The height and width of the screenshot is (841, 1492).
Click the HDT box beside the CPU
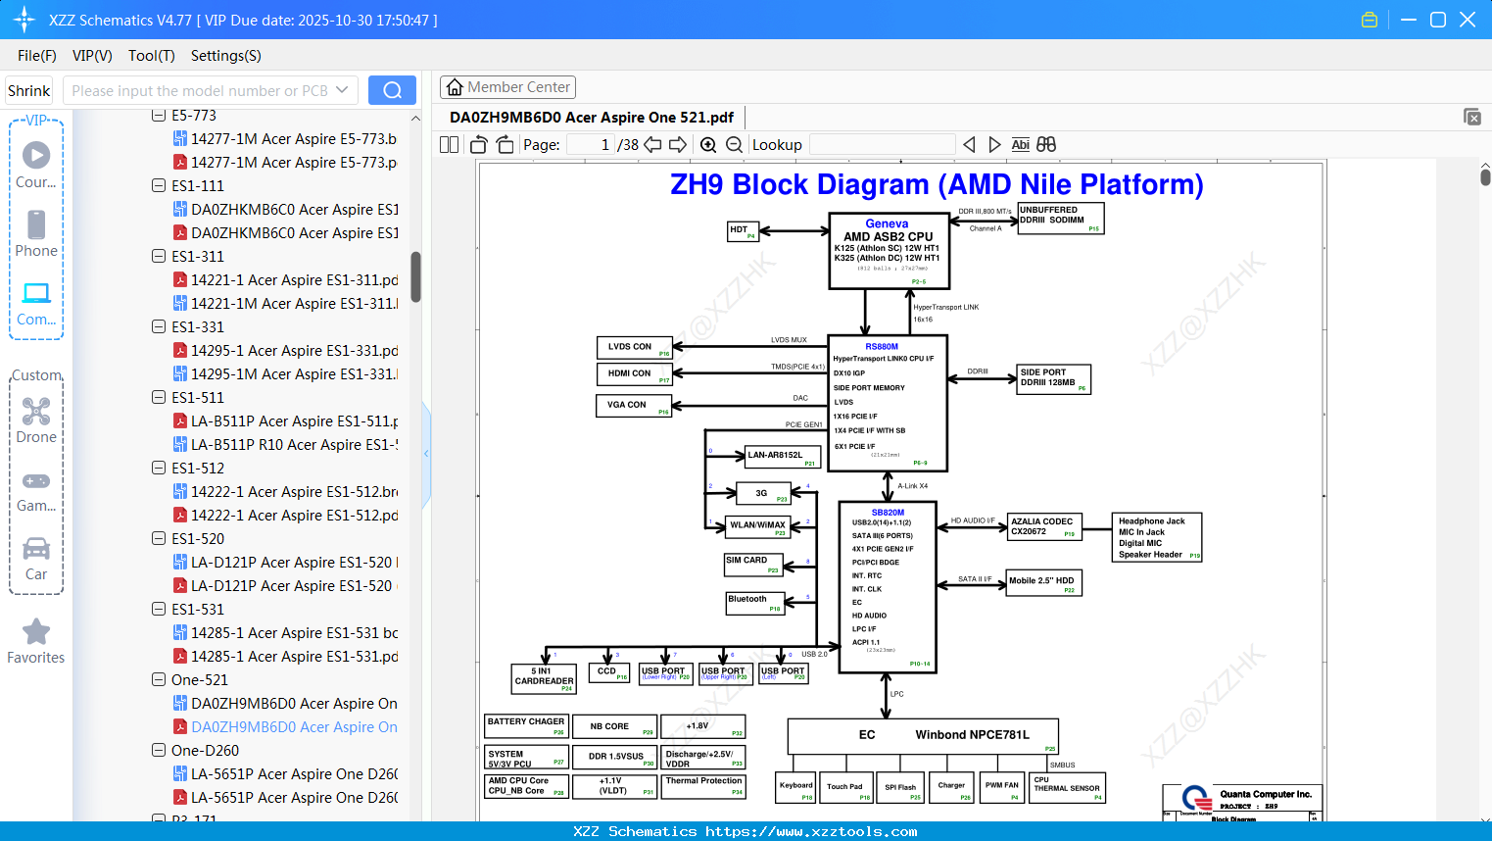pyautogui.click(x=743, y=231)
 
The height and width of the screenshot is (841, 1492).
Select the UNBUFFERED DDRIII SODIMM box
pyautogui.click(x=1060, y=218)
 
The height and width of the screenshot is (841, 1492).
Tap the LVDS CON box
pyautogui.click(x=634, y=347)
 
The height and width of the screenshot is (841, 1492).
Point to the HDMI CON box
pyautogui.click(x=634, y=373)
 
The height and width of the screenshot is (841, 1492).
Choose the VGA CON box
pyautogui.click(x=634, y=405)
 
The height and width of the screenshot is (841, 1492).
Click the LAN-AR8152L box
pyautogui.click(x=782, y=456)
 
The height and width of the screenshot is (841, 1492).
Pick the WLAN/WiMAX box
pyautogui.click(x=757, y=526)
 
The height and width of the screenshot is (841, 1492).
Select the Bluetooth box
pyautogui.click(x=754, y=602)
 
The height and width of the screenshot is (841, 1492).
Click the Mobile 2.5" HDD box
pyautogui.click(x=1043, y=582)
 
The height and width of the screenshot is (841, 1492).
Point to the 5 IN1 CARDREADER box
pyautogui.click(x=544, y=677)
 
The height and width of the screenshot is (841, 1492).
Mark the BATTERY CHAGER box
pyautogui.click(x=526, y=726)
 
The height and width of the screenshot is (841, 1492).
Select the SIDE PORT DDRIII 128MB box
pyautogui.click(x=1053, y=378)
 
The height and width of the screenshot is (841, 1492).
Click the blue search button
pyautogui.click(x=392, y=90)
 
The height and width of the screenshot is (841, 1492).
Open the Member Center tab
pyautogui.click(x=507, y=87)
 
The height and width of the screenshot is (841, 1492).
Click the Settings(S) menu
pyautogui.click(x=225, y=56)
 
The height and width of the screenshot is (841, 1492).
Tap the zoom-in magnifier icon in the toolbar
pyautogui.click(x=708, y=145)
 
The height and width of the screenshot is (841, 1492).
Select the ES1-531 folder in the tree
pyautogui.click(x=198, y=610)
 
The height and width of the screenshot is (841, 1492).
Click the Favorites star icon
pyautogui.click(x=36, y=632)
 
